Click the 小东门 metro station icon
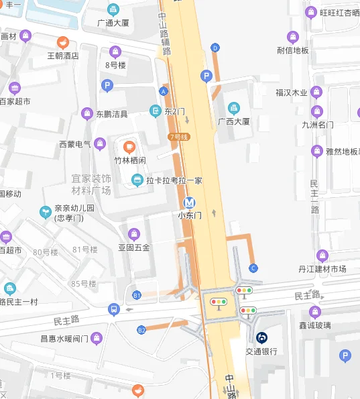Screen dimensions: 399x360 click(x=190, y=203)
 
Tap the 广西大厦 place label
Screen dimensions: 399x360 click(x=233, y=121)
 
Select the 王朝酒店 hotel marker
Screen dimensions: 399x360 click(x=62, y=42)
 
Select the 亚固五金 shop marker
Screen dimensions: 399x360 click(x=135, y=234)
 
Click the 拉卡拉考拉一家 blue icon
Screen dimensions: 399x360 click(x=137, y=180)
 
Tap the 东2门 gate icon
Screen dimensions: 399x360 click(x=156, y=111)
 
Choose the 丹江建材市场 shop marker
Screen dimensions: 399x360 click(x=322, y=255)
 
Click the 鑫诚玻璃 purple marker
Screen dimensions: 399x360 click(x=314, y=312)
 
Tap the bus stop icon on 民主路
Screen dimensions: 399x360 click(x=113, y=309)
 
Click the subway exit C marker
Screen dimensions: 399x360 click(x=253, y=268)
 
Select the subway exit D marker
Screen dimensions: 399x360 click(x=215, y=48)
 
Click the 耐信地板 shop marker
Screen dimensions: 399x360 click(x=293, y=37)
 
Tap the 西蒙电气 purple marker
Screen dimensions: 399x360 click(x=100, y=144)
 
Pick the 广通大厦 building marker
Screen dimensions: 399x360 click(x=113, y=10)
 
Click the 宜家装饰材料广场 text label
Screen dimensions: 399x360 click(x=91, y=184)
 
